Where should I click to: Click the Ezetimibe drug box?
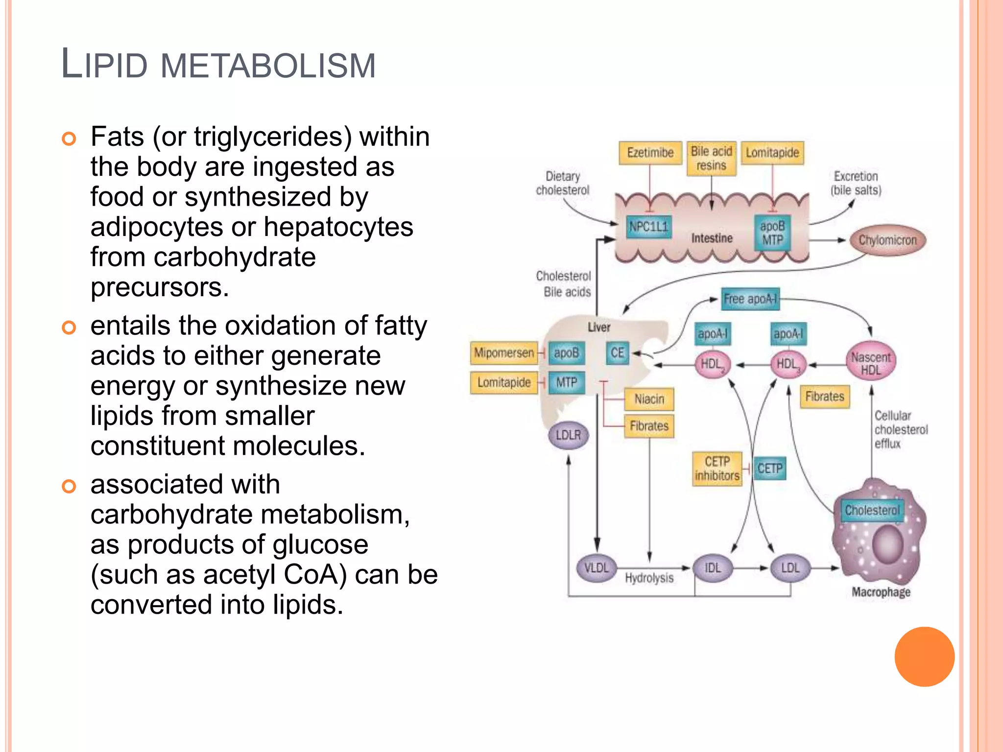coord(650,153)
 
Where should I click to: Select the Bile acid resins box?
coord(711,158)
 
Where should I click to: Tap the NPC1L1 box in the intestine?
coord(648,227)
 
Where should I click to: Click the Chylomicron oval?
coord(887,240)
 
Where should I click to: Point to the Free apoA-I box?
coord(750,299)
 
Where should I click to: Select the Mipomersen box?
coord(503,352)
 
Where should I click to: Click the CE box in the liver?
coord(617,352)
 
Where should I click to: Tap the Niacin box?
coord(649,399)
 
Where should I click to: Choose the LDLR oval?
coord(568,435)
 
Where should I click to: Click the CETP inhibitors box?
coord(717,469)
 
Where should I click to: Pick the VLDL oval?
coord(596,568)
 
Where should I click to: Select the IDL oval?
coord(713,568)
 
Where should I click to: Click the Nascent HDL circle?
coord(871,363)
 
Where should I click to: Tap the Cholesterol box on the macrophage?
coord(872,510)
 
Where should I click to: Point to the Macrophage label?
coord(881,592)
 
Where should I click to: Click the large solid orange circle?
coord(924,657)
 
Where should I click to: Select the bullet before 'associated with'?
coord(69,486)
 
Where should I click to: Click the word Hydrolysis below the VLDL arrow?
coord(649,578)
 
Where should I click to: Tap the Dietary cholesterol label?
coord(562,183)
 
